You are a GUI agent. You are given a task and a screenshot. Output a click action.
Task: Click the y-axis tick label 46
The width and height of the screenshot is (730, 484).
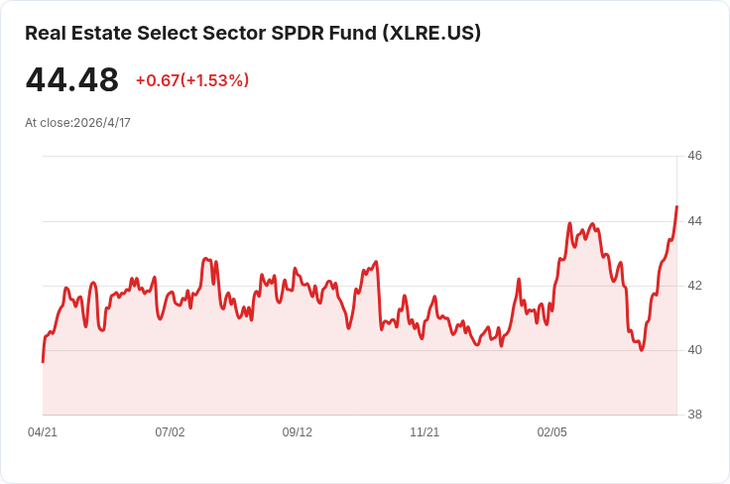[x=694, y=156]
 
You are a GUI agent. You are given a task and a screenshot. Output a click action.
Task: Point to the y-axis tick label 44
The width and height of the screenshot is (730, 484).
[x=694, y=220]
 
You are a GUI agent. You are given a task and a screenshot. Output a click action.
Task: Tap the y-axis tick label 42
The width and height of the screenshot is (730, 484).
[x=694, y=286]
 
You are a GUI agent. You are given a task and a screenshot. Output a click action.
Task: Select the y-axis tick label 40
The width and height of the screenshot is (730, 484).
[x=694, y=350]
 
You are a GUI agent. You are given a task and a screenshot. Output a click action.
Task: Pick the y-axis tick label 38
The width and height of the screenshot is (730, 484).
[x=694, y=415]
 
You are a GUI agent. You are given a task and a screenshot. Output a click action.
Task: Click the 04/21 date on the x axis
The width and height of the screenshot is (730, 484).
[x=43, y=432]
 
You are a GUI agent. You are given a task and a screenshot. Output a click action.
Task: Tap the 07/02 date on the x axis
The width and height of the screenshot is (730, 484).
[x=170, y=432]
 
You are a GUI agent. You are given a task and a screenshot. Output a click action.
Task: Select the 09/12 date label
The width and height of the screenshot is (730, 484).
[x=297, y=432]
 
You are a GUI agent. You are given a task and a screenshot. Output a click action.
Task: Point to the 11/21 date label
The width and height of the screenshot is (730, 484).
[x=425, y=432]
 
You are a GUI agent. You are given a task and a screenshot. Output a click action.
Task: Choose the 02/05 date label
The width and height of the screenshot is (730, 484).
[x=552, y=432]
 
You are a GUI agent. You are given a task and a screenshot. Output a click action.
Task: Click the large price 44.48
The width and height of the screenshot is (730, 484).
[x=72, y=79]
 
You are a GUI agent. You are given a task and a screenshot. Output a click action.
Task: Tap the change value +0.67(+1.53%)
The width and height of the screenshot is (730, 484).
[x=192, y=80]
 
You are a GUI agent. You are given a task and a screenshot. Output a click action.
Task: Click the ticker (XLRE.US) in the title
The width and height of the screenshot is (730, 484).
[x=431, y=33]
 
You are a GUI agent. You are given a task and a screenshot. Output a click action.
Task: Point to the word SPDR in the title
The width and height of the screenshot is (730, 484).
[x=298, y=33]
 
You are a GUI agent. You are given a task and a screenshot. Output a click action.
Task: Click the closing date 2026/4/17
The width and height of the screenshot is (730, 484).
[x=102, y=123]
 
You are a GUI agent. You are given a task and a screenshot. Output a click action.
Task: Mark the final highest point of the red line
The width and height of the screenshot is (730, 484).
[x=676, y=206]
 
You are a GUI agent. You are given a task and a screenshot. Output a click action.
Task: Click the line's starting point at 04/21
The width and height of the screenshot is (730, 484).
[x=43, y=362]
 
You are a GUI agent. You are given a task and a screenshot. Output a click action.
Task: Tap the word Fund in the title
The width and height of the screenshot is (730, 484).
[x=353, y=33]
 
